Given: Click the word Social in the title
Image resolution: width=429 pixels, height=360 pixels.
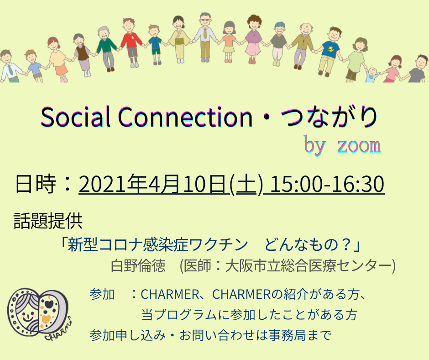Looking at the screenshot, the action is point(75,117).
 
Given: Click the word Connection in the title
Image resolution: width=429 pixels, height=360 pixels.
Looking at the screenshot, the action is point(185,117).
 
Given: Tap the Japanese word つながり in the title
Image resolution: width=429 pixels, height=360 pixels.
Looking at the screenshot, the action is point(330,117).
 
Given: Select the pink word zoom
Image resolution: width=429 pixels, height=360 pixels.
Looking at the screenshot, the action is point(359,145).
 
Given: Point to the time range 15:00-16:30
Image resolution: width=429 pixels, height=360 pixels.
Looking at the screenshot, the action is point(327,184).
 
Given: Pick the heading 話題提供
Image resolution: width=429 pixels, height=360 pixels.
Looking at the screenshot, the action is point(48,221).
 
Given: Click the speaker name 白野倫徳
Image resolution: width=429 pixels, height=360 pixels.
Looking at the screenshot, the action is point(138,265).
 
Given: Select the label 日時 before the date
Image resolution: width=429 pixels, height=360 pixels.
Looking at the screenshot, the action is point(36,184).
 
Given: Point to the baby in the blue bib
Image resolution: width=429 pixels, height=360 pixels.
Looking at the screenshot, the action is point(372,75).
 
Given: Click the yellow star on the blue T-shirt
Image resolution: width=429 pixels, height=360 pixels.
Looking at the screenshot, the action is point(331,49).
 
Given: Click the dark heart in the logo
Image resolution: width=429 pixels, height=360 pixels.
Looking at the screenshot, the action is point(50,304).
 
